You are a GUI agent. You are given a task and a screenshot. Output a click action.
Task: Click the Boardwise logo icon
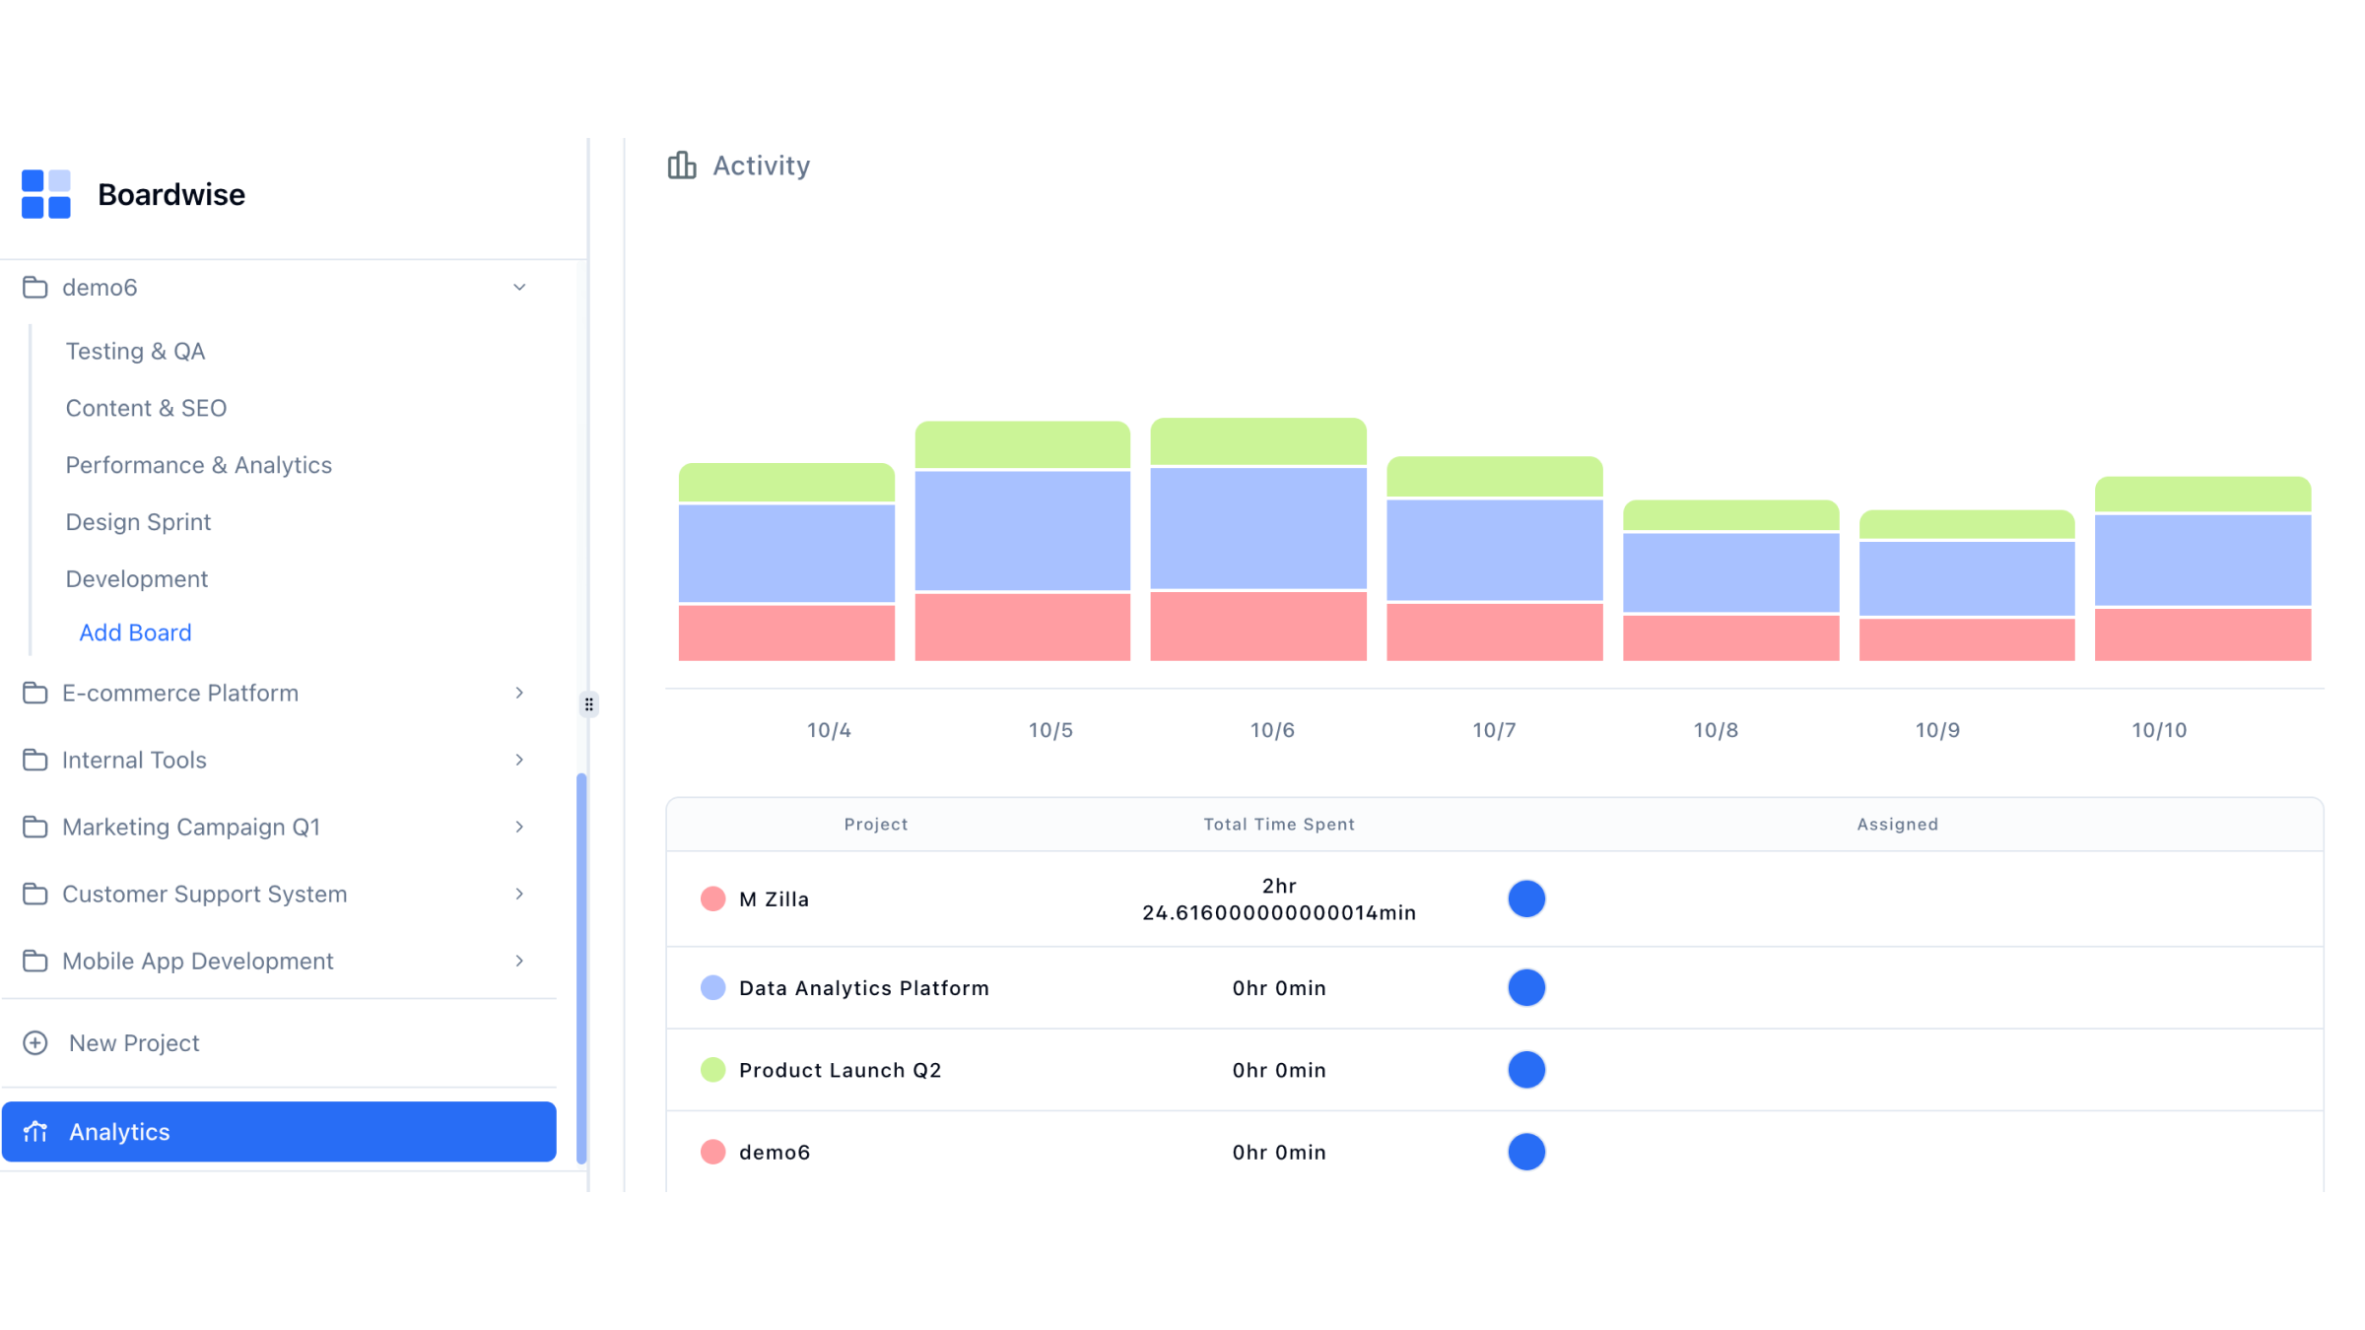[x=46, y=194]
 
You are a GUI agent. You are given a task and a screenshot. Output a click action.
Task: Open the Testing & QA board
[x=135, y=352]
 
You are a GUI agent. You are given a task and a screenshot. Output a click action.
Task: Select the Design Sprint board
[x=138, y=522]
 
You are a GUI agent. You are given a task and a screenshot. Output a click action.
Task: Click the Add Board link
[x=135, y=632]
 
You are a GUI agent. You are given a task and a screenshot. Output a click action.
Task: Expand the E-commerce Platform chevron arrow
[x=519, y=694]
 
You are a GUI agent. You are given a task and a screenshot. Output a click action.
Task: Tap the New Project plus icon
[x=35, y=1043]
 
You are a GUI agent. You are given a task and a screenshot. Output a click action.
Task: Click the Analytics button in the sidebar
[x=279, y=1132]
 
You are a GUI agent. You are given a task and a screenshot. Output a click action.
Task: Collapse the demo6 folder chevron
[x=519, y=288]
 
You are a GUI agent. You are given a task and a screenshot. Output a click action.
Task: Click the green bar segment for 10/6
[x=1258, y=441]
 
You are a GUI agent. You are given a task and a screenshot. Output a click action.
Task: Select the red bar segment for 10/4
[x=786, y=632]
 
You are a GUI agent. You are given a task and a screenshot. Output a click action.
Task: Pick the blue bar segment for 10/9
[x=1967, y=578]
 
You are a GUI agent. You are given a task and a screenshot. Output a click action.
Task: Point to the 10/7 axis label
[x=1494, y=730]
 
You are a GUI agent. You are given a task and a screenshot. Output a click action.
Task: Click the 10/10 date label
[x=2159, y=730]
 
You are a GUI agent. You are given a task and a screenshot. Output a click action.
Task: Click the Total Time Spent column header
[x=1279, y=825]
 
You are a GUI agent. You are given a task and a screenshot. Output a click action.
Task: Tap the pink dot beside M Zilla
[x=712, y=899]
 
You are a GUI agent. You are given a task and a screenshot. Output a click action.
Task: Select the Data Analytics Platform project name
[x=863, y=988]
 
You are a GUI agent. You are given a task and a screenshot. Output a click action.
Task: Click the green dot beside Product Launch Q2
[x=712, y=1070]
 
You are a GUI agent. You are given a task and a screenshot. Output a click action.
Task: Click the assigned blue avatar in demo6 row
[x=1526, y=1152]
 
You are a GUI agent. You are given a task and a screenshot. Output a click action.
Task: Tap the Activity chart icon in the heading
[x=682, y=166]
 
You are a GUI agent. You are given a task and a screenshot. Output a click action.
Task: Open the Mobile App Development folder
[x=197, y=962]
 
